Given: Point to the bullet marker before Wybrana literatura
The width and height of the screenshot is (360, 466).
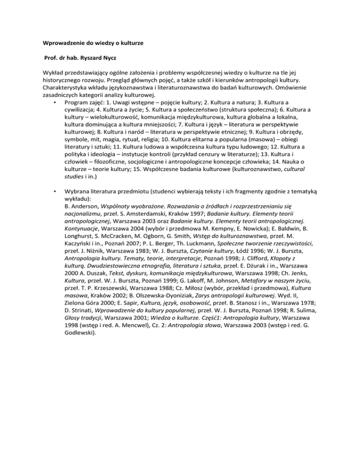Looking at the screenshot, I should [x=55, y=192].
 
